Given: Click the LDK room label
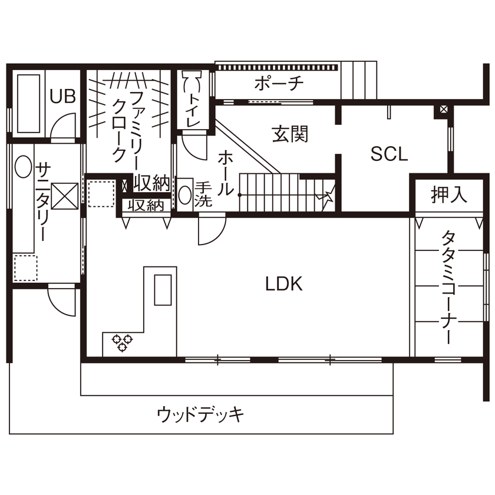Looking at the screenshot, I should click(283, 285).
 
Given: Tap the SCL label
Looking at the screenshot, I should click(389, 154).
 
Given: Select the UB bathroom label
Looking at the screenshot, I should click(62, 97).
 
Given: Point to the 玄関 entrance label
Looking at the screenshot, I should click(290, 135).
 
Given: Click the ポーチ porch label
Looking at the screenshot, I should click(279, 84).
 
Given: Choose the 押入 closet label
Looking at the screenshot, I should click(449, 195).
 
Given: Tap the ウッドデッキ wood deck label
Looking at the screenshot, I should click(200, 414).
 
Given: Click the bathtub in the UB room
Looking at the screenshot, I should click(28, 104).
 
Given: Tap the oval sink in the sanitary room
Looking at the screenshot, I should click(23, 167).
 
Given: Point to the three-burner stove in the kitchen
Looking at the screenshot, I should click(123, 342).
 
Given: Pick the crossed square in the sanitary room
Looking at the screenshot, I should click(64, 196).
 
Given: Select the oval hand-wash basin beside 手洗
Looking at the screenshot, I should click(185, 194).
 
